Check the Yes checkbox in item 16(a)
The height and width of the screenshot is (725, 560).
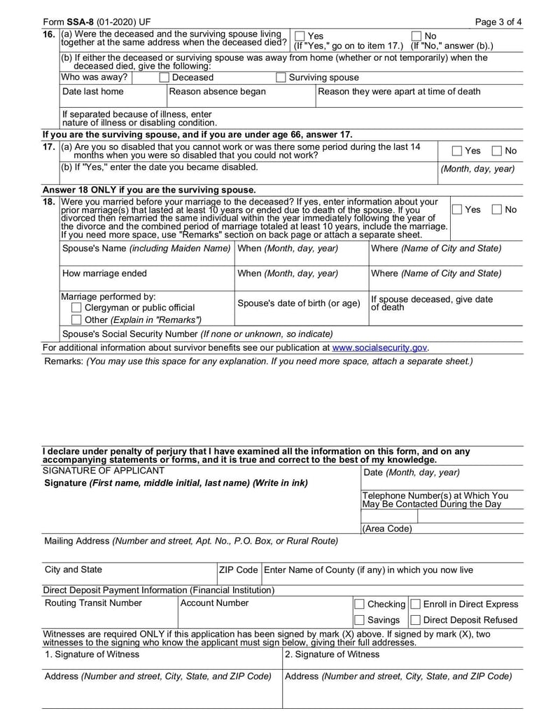click(300, 36)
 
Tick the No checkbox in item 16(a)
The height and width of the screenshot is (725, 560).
click(416, 36)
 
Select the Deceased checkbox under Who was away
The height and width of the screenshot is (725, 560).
click(164, 78)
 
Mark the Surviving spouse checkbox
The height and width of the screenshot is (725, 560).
click(281, 78)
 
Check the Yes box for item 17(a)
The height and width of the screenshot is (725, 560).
click(457, 151)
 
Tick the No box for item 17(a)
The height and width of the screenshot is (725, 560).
click(496, 151)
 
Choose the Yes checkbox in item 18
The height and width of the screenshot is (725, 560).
click(457, 209)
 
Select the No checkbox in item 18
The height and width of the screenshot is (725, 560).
click(496, 209)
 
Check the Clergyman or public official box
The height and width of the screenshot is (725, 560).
click(77, 308)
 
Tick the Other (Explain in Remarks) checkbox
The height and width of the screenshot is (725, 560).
click(77, 320)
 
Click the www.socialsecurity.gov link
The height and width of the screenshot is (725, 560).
click(379, 347)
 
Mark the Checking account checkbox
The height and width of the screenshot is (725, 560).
click(359, 604)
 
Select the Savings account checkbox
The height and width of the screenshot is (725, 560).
click(359, 620)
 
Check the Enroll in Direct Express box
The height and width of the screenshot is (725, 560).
click(415, 604)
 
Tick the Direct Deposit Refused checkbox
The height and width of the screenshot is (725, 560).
click(415, 620)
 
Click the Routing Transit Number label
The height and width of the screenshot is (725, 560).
click(93, 603)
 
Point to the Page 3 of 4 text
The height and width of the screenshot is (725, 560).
click(498, 22)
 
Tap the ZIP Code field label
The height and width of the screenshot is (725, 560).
click(239, 570)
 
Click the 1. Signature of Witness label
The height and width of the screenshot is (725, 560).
click(92, 654)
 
